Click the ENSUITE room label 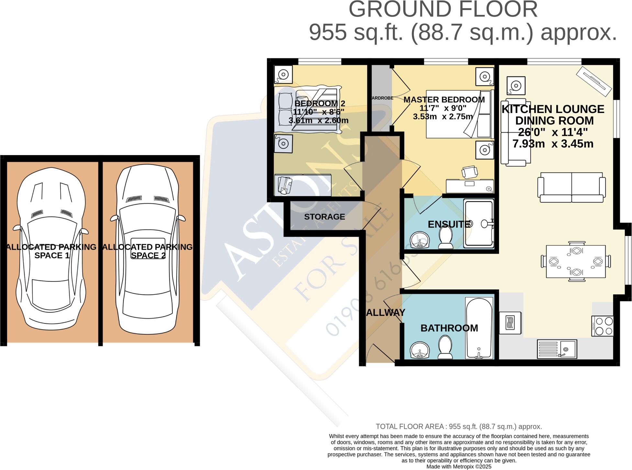click(449, 224)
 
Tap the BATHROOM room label click(449, 328)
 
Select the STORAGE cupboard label click(324, 217)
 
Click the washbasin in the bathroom click(420, 350)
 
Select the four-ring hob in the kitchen click(602, 326)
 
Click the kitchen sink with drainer click(557, 349)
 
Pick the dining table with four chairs click(576, 261)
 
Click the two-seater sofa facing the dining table click(571, 187)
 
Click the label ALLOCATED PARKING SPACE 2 click(148, 251)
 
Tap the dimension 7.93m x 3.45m click(553, 144)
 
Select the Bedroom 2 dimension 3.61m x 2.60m click(318, 121)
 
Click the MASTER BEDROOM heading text click(444, 100)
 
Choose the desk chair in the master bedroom click(469, 172)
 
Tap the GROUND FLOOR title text click(443, 10)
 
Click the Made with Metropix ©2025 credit click(459, 466)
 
